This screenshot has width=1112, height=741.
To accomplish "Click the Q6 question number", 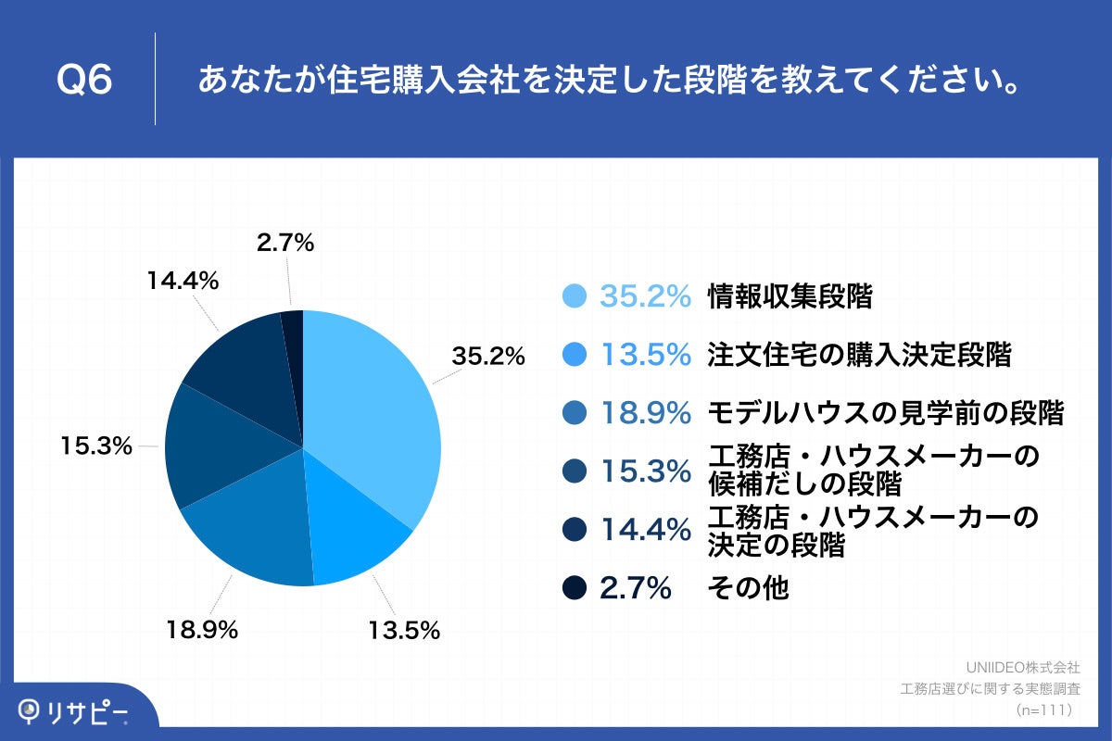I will click(84, 80).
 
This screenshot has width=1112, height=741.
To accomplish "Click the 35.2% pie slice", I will click(371, 408).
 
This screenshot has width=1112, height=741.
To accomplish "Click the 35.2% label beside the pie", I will click(488, 356).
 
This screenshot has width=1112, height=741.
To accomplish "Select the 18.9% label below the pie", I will click(203, 631).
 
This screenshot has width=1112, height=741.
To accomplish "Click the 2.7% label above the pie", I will click(285, 244).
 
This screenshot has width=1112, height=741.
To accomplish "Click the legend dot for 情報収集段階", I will click(575, 296).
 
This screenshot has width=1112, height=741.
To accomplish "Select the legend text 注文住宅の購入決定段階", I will click(859, 355).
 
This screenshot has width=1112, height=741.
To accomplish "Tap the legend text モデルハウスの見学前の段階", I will click(885, 413).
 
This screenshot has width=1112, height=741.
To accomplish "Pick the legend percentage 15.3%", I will click(646, 471).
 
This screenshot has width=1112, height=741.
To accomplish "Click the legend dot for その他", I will click(575, 587).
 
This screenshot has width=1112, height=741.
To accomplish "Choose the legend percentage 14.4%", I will click(646, 530).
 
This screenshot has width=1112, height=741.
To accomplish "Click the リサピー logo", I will click(74, 710).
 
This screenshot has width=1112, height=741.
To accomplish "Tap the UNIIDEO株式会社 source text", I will click(1022, 666).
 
